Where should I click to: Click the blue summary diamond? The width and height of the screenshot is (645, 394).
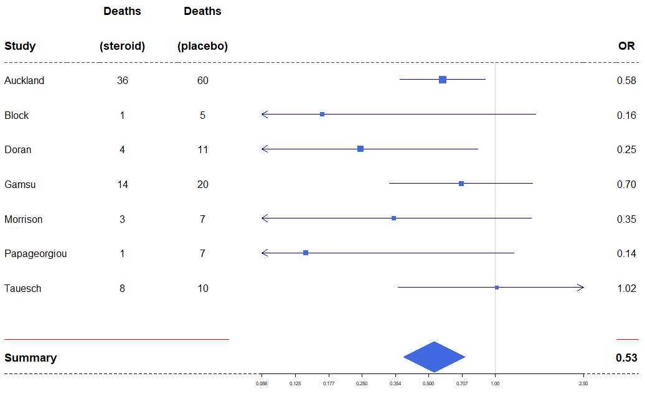click(434, 357)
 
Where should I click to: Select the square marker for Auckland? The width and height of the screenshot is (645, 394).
click(443, 80)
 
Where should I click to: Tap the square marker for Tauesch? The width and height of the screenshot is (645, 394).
click(497, 288)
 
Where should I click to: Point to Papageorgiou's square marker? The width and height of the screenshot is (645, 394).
click(306, 253)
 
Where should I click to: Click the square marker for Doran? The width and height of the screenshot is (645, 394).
click(360, 149)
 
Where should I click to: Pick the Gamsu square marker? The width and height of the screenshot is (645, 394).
click(461, 184)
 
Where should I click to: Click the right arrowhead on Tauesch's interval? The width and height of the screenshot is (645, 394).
click(581, 288)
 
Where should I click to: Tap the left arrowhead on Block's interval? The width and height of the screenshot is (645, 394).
click(265, 115)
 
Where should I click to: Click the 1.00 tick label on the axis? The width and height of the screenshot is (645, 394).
click(495, 383)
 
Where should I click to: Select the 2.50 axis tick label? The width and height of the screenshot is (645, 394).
click(583, 383)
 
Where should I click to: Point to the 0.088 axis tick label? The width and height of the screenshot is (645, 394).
click(261, 383)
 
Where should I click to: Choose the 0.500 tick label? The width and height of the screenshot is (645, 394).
click(428, 383)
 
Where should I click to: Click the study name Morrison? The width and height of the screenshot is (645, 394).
click(24, 219)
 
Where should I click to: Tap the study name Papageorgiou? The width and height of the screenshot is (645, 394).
click(35, 253)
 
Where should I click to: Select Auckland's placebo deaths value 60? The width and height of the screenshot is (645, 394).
click(202, 80)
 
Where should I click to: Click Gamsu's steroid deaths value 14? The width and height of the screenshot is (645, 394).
click(122, 184)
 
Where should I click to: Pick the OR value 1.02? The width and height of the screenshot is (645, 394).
click(626, 288)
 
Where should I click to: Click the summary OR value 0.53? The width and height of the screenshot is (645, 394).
click(626, 358)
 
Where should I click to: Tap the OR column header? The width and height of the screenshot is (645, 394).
click(626, 46)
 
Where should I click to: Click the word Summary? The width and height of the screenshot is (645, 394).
click(31, 358)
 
